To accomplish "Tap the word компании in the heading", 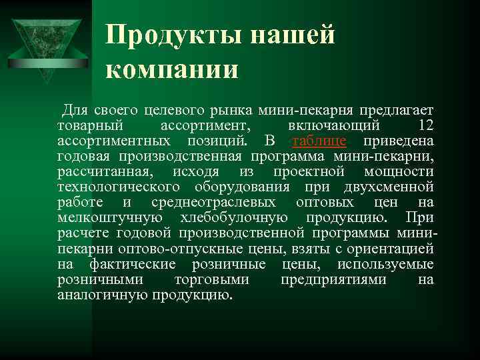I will click(x=171, y=69).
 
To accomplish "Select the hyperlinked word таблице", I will click(x=319, y=141).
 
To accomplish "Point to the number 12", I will click(x=423, y=125).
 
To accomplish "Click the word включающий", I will click(x=335, y=125).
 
